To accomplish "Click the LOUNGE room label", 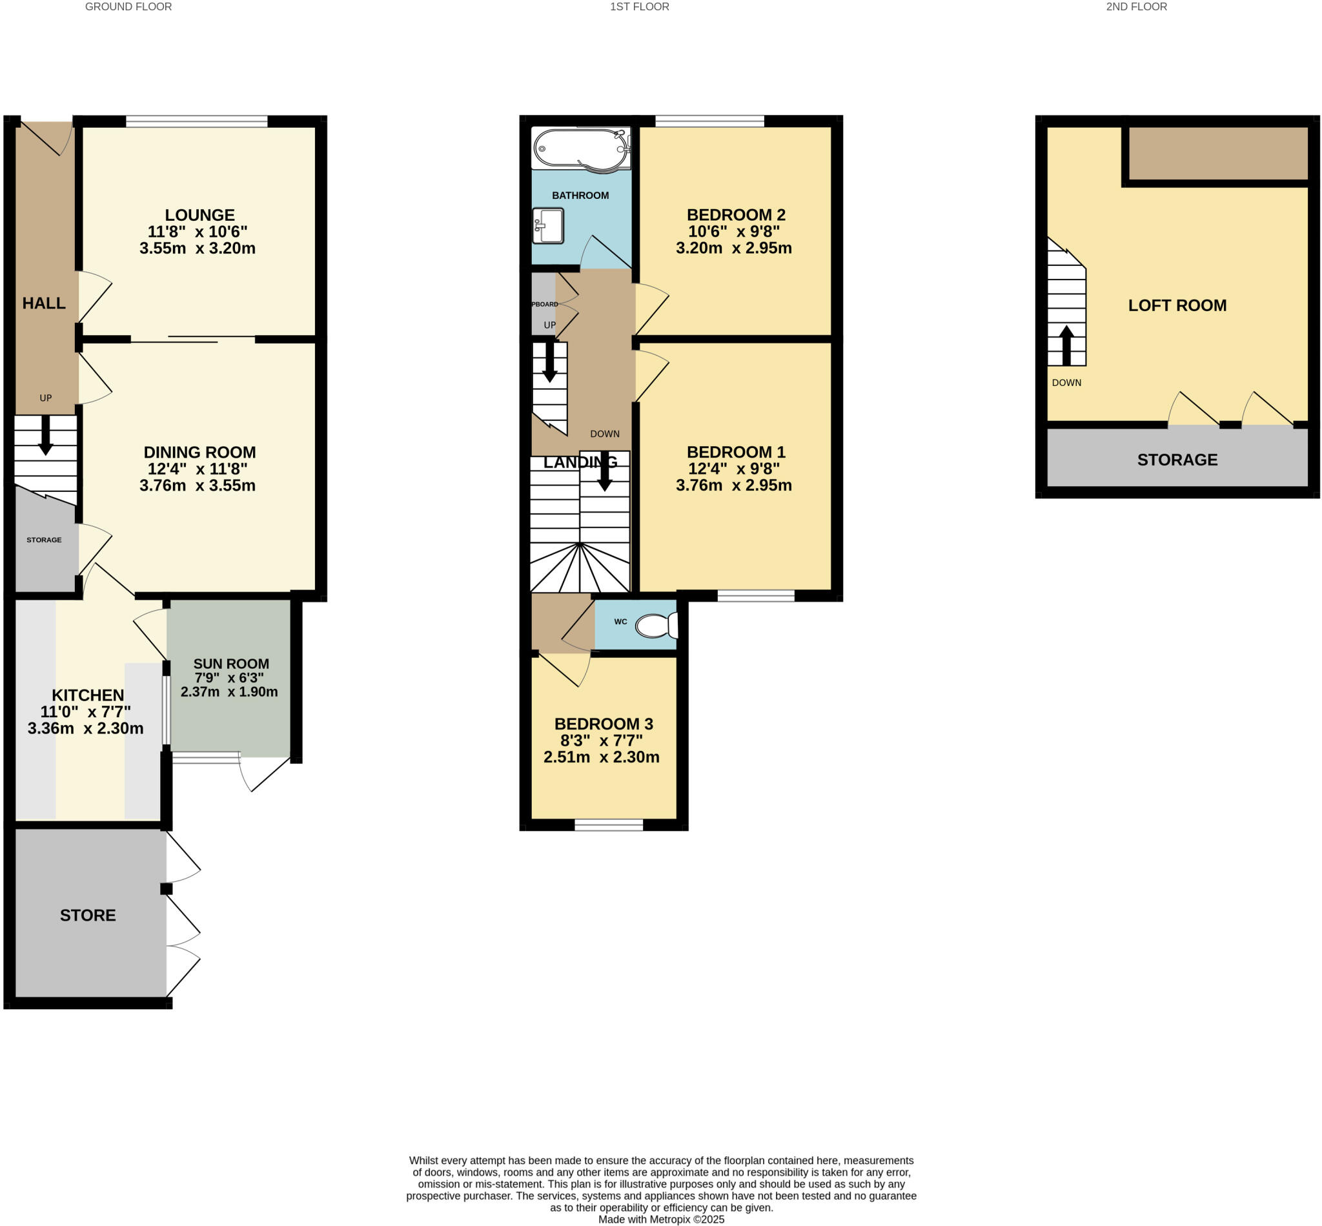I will (x=199, y=215).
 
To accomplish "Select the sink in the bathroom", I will (x=549, y=225).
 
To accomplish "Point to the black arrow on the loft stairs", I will (x=1066, y=345).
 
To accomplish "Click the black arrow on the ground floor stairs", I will (x=45, y=435).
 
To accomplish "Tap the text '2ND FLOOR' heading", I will (x=1136, y=6).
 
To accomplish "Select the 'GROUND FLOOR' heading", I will (x=128, y=6).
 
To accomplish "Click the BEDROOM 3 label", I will (x=604, y=724).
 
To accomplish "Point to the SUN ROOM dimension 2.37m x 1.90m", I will (x=229, y=692).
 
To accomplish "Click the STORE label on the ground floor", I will (x=88, y=915).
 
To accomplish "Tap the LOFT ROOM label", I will (x=1177, y=305).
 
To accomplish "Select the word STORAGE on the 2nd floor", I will (x=1177, y=460).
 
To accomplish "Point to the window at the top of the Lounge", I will (x=196, y=121).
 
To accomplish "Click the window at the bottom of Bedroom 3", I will (x=608, y=824).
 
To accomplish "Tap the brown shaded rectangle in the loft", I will (x=1218, y=153).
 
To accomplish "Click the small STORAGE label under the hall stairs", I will (x=44, y=540).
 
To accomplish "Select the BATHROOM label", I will (x=580, y=195).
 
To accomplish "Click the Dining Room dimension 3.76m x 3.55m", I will (x=197, y=485).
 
